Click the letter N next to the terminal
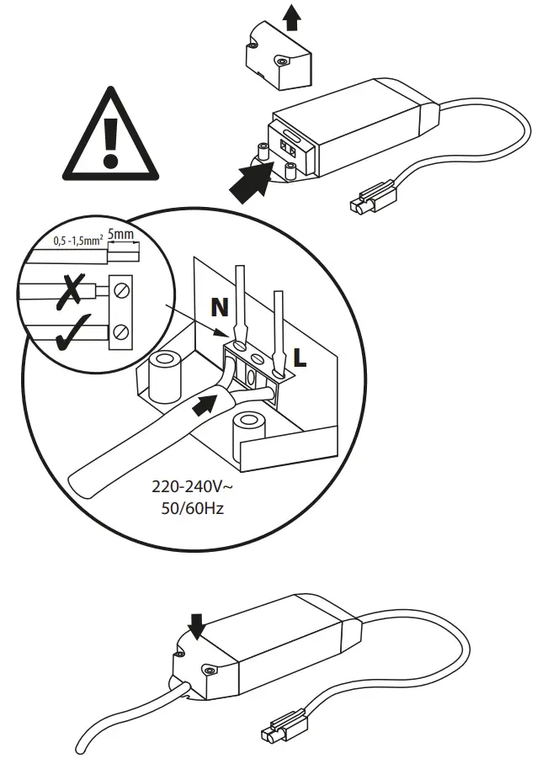220,309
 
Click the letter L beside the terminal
300,356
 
